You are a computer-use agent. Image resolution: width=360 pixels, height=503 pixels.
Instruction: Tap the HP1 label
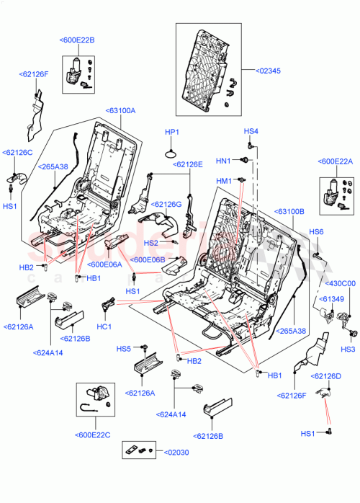click(x=171, y=132)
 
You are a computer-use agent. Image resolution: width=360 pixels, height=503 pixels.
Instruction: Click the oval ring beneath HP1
click(x=171, y=153)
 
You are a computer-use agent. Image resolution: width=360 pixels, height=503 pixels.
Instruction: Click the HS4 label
click(x=251, y=131)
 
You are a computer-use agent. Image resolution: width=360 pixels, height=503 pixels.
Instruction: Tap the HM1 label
click(x=223, y=180)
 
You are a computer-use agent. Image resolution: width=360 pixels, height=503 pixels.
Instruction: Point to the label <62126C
click(x=17, y=153)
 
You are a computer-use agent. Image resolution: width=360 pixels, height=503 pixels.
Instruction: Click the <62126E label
click(x=188, y=164)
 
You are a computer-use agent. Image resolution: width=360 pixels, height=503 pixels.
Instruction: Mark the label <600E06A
click(x=104, y=264)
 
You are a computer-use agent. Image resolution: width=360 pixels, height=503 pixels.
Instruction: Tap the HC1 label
click(x=104, y=326)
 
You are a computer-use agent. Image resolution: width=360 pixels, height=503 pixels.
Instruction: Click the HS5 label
click(x=124, y=349)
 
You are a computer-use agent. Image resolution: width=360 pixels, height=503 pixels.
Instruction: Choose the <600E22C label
click(x=91, y=435)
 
